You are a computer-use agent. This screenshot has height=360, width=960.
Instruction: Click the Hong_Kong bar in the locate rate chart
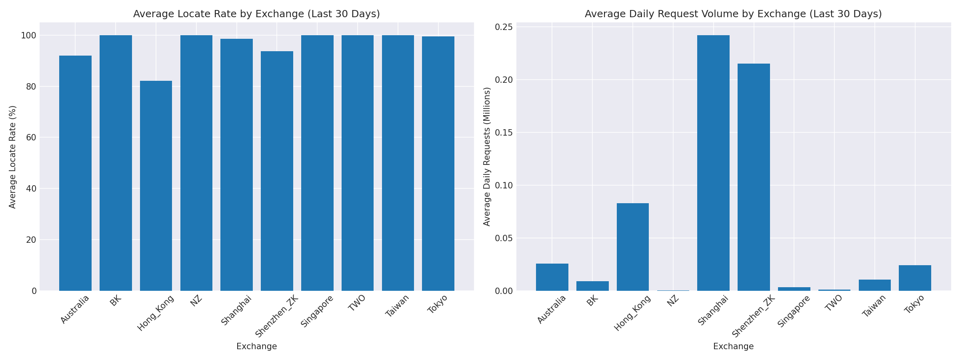156,186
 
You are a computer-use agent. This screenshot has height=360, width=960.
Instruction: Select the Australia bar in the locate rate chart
75,173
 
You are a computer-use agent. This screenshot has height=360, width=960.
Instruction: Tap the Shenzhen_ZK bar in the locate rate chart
277,171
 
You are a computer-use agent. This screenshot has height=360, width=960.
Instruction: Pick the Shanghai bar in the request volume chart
713,163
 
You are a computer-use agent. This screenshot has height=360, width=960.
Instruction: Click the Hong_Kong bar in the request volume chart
633,247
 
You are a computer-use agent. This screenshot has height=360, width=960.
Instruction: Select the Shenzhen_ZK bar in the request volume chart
754,177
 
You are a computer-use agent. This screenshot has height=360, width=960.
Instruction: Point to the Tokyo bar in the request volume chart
915,278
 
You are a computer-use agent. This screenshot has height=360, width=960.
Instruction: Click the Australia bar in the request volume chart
552,277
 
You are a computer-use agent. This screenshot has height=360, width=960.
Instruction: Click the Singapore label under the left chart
317,311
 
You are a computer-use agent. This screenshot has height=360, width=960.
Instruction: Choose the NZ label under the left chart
196,301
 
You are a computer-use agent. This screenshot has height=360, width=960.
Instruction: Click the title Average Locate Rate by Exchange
256,14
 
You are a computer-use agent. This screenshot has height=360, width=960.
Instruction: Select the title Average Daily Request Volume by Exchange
733,14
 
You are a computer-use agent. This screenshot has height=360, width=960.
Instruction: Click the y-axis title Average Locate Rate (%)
13,157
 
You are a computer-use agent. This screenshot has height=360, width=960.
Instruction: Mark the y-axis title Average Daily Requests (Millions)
487,157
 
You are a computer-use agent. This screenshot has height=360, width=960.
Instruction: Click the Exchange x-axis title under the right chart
733,347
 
